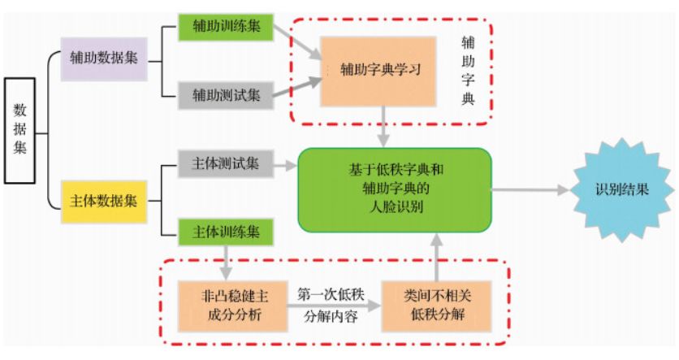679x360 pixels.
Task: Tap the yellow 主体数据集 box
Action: [104, 200]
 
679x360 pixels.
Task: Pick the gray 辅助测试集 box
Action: [227, 94]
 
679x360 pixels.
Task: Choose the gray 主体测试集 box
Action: [226, 164]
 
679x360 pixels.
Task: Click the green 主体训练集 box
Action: [226, 232]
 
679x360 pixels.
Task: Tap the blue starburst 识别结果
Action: [621, 191]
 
